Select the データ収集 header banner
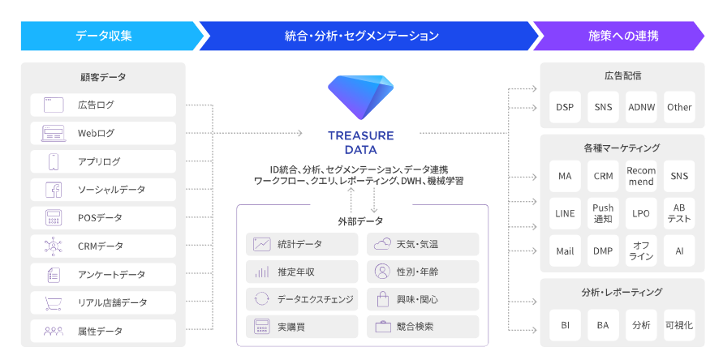tap(103, 36)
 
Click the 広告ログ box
tap(103, 105)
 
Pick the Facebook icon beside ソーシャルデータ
tap(54, 190)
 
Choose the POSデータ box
tap(103, 218)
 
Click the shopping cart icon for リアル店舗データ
tap(54, 302)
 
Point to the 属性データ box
tap(103, 331)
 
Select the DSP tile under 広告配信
tap(565, 107)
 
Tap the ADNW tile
tap(641, 107)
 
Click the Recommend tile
tap(641, 176)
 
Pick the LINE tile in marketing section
tap(565, 213)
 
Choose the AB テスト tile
tap(679, 213)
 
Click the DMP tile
tap(603, 251)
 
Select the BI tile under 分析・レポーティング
tap(565, 325)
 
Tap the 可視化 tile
tap(679, 325)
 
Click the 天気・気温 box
tap(423, 244)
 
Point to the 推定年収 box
tap(302, 272)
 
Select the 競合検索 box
tap(423, 327)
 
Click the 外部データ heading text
tap(361, 221)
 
